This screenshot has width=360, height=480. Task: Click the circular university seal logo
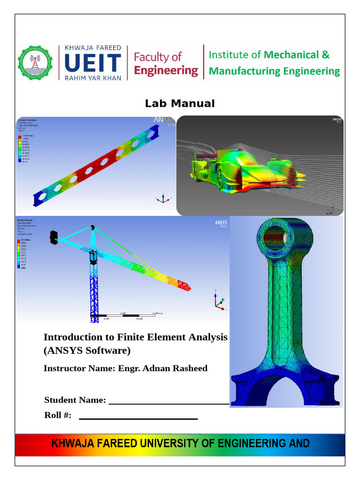point(35,62)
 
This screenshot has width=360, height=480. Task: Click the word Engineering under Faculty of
point(166,71)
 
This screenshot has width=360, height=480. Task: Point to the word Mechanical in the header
point(291,55)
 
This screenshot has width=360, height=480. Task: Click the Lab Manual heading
point(180,104)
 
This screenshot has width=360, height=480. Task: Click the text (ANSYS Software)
point(87,351)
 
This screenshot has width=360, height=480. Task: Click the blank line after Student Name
point(169,402)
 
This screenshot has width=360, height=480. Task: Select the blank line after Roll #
point(138,418)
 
